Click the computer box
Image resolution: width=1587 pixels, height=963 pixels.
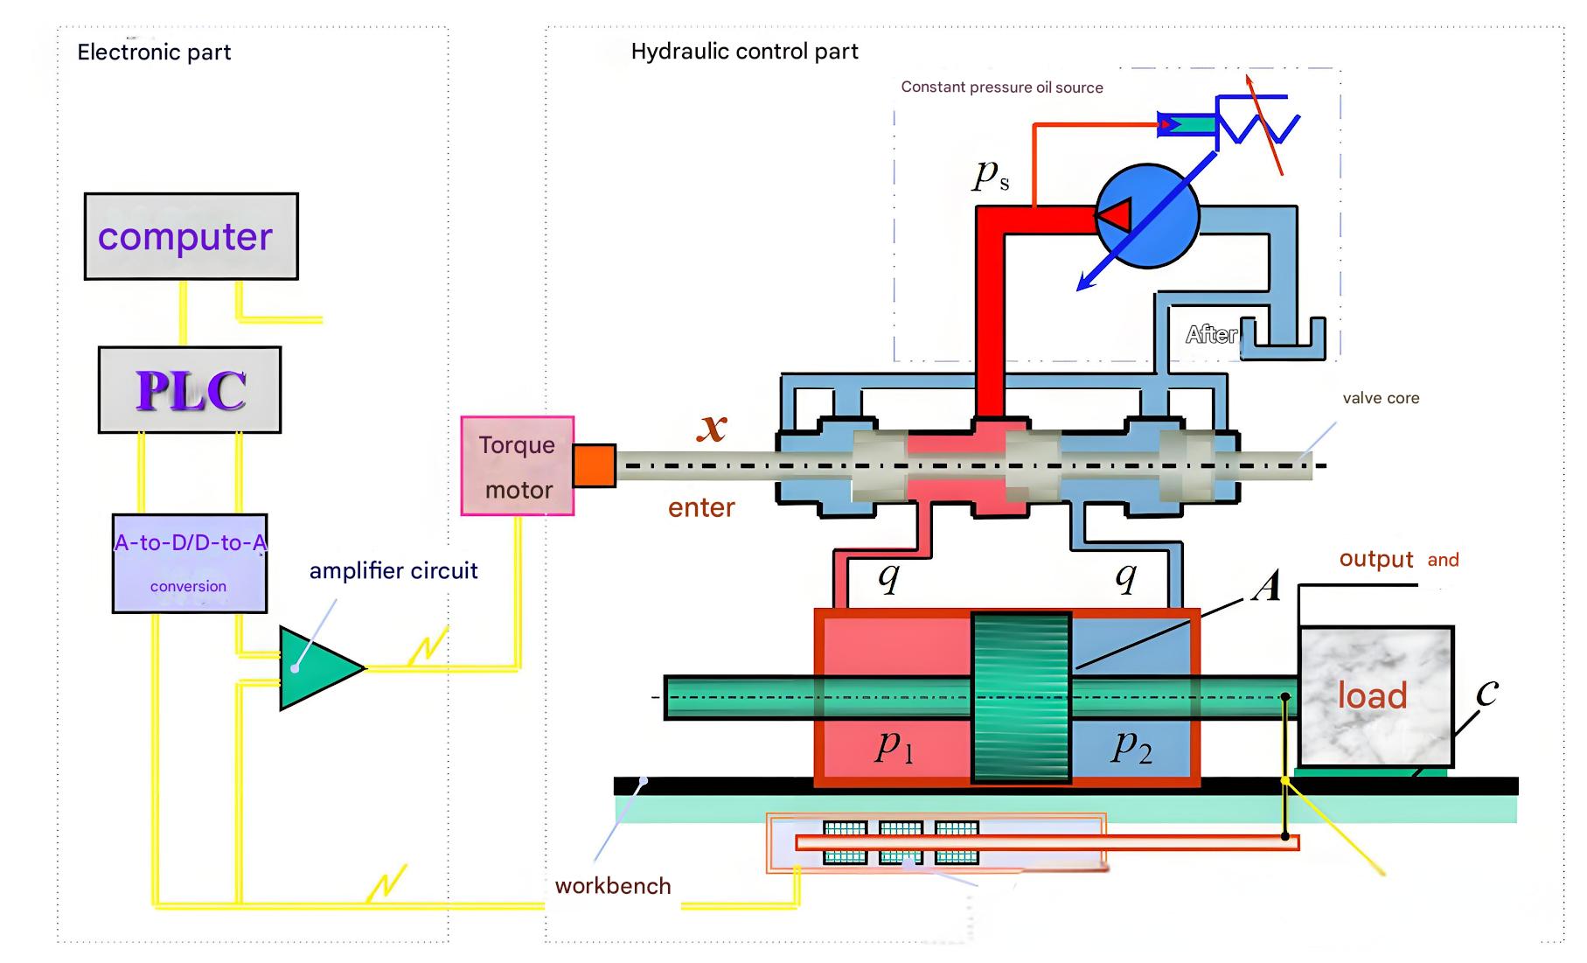[191, 236]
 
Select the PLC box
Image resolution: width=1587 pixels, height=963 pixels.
[190, 390]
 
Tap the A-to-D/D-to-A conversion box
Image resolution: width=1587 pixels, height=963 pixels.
[190, 563]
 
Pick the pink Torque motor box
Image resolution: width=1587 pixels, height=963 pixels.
[518, 466]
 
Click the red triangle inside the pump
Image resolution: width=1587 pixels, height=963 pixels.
[1116, 215]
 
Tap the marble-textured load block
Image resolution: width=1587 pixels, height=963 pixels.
[1375, 695]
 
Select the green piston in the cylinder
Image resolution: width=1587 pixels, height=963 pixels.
[1021, 697]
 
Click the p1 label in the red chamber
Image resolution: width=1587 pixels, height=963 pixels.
[894, 746]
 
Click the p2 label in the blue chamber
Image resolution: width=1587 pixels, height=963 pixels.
[1132, 746]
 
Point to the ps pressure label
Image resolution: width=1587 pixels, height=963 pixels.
[992, 175]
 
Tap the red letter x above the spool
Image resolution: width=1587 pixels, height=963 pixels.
[713, 427]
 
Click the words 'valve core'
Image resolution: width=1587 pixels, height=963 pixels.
[1381, 398]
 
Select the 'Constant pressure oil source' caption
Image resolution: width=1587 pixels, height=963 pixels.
[1002, 87]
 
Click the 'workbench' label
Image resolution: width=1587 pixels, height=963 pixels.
[613, 886]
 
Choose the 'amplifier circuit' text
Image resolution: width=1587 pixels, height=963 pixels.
[393, 571]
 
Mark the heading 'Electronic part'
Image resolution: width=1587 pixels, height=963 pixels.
[154, 52]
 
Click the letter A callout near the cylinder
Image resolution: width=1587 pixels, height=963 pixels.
[1265, 586]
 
